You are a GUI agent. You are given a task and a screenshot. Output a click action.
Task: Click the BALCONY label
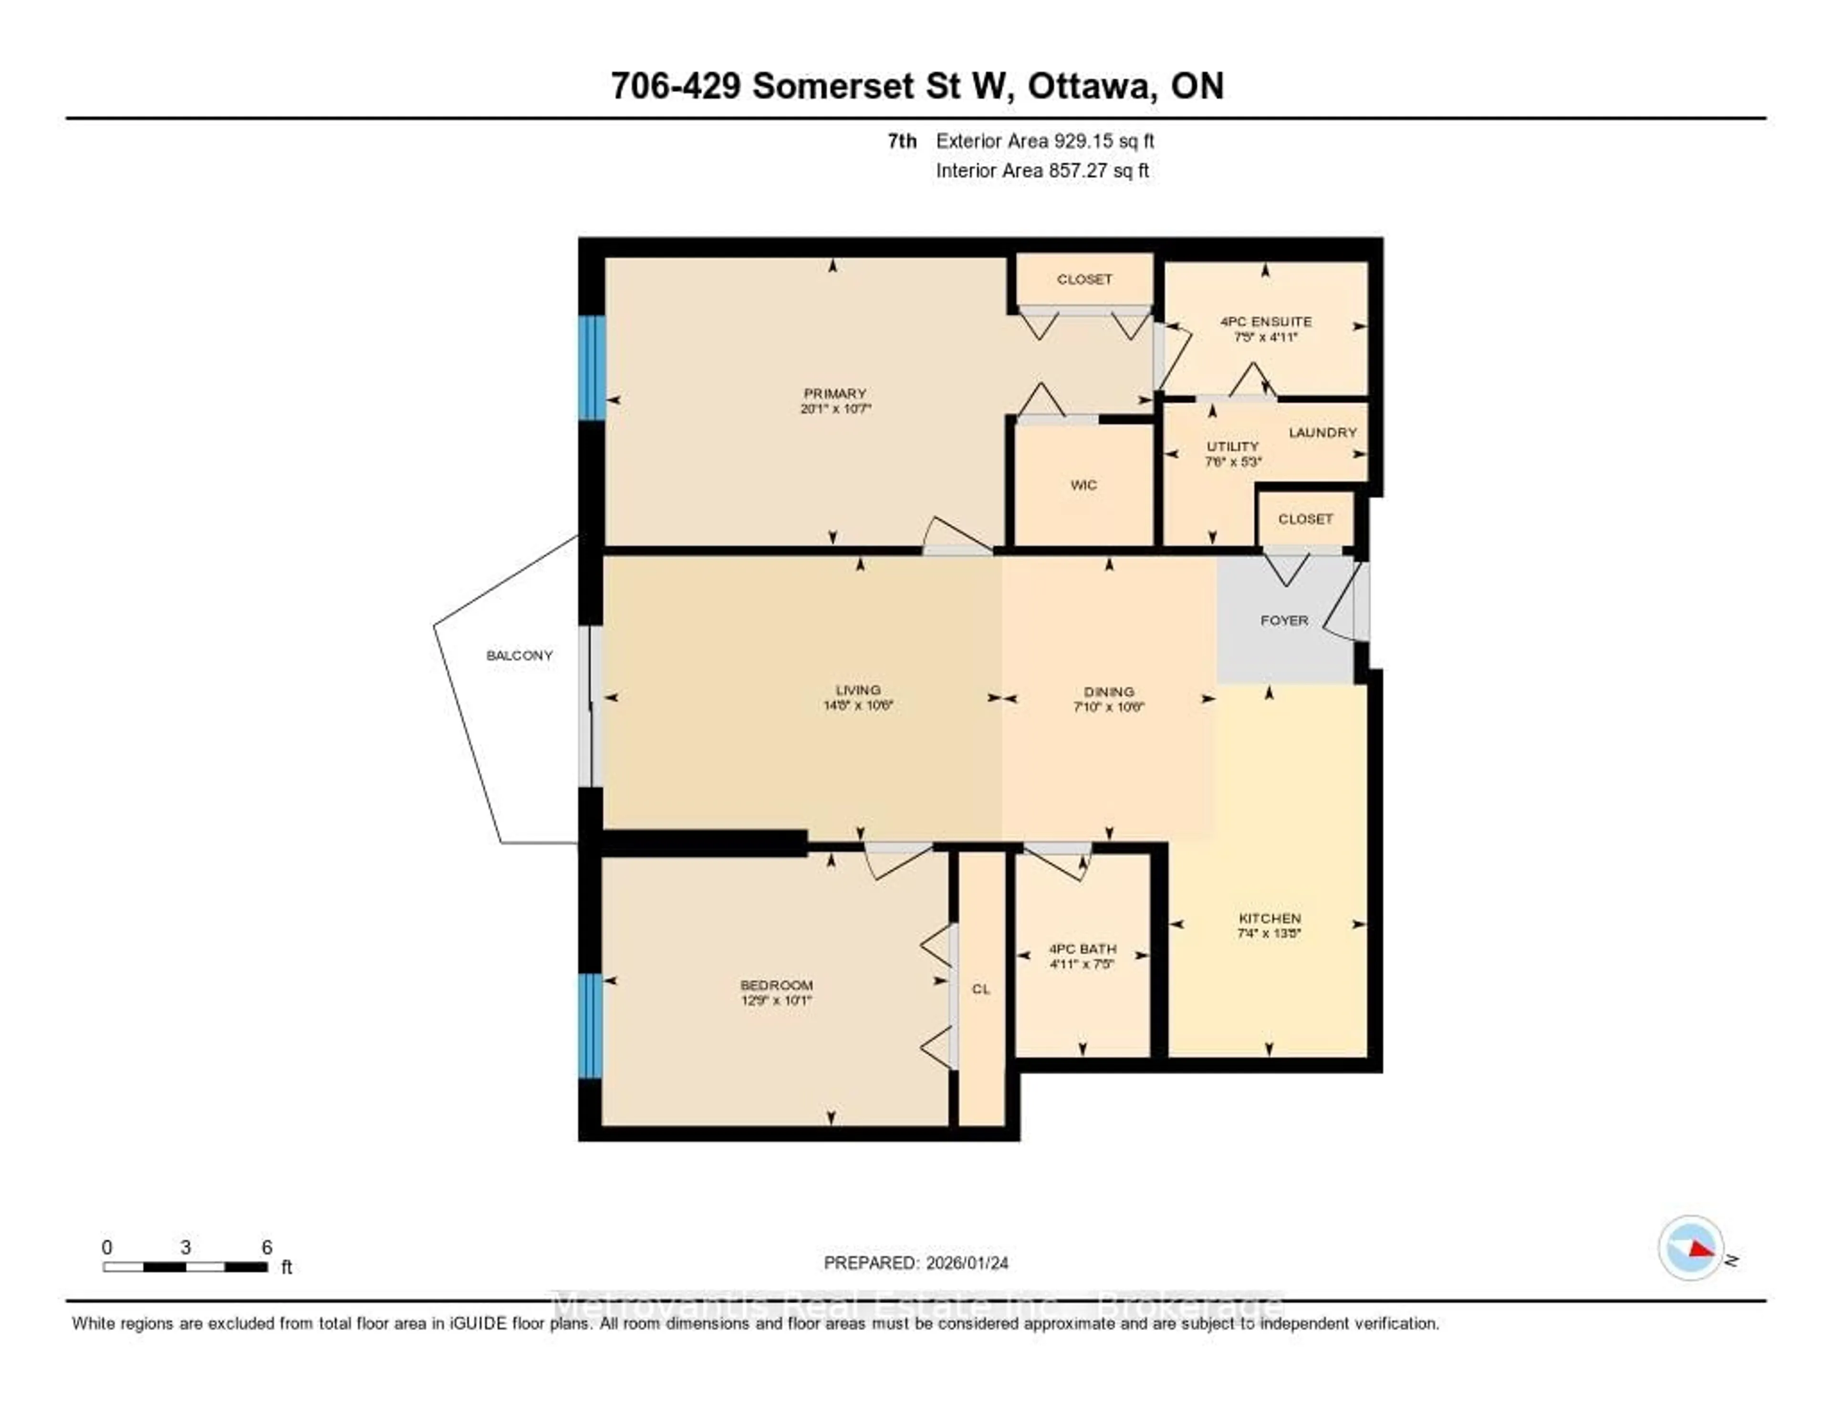[519, 655]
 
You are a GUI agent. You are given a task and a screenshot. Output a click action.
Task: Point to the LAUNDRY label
[1322, 432]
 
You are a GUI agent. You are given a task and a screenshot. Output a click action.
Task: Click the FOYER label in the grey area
[1283, 620]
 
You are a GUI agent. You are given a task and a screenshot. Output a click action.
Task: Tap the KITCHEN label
[1269, 917]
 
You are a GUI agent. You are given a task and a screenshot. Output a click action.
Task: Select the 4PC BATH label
[1082, 948]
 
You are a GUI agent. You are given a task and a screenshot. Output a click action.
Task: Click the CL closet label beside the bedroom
[980, 989]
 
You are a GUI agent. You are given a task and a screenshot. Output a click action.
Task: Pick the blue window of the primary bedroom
[592, 367]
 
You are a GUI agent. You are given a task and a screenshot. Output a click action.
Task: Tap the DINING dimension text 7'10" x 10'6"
[1108, 707]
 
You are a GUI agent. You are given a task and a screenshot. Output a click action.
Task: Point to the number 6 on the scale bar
[267, 1247]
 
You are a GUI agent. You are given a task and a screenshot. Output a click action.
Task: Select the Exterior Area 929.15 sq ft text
[1044, 141]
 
